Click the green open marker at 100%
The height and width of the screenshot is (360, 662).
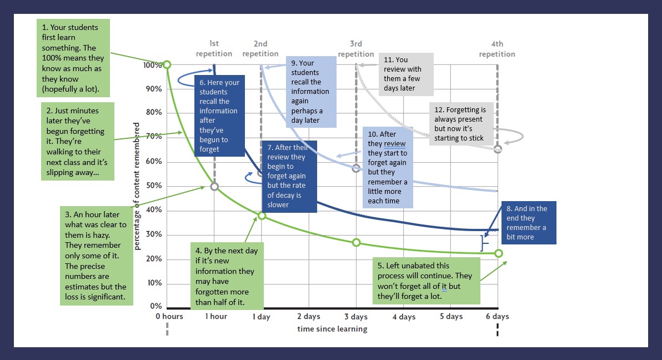pos(167,64)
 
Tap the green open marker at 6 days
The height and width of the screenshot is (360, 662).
pos(498,253)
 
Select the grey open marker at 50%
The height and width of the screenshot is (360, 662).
pos(214,186)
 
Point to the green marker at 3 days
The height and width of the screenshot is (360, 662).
pos(356,242)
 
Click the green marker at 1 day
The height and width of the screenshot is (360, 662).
pos(262,216)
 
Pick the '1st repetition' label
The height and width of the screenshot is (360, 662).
pos(214,49)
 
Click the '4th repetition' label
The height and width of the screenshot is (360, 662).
pos(497,49)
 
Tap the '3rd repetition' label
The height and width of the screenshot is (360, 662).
pos(356,49)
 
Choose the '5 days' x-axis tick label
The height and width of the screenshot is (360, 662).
pos(451,317)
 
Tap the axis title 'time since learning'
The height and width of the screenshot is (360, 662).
pos(332,329)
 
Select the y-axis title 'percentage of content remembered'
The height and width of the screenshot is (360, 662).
pos(137,186)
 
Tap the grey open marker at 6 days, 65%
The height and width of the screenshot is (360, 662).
pos(498,149)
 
